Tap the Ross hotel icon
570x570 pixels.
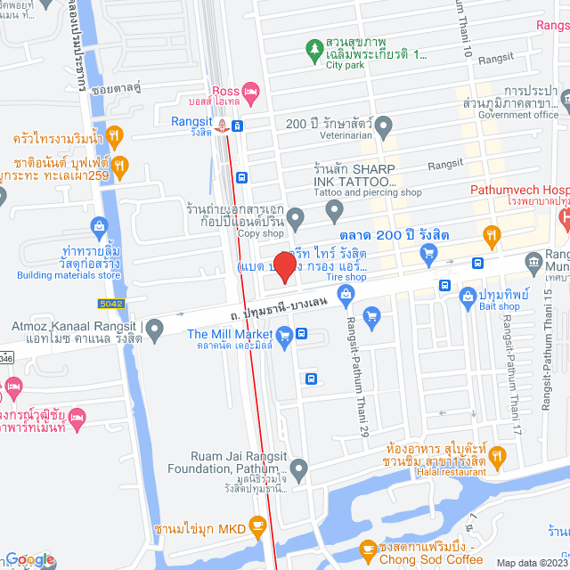click(251, 91)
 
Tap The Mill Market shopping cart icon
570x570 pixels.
click(284, 335)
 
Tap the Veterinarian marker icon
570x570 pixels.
click(383, 124)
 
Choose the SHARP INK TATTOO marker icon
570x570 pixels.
click(335, 211)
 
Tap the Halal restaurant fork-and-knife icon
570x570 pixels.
click(497, 457)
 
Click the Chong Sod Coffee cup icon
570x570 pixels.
click(366, 550)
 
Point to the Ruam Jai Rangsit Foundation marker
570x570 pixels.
click(299, 468)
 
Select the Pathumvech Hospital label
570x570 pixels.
click(520, 191)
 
